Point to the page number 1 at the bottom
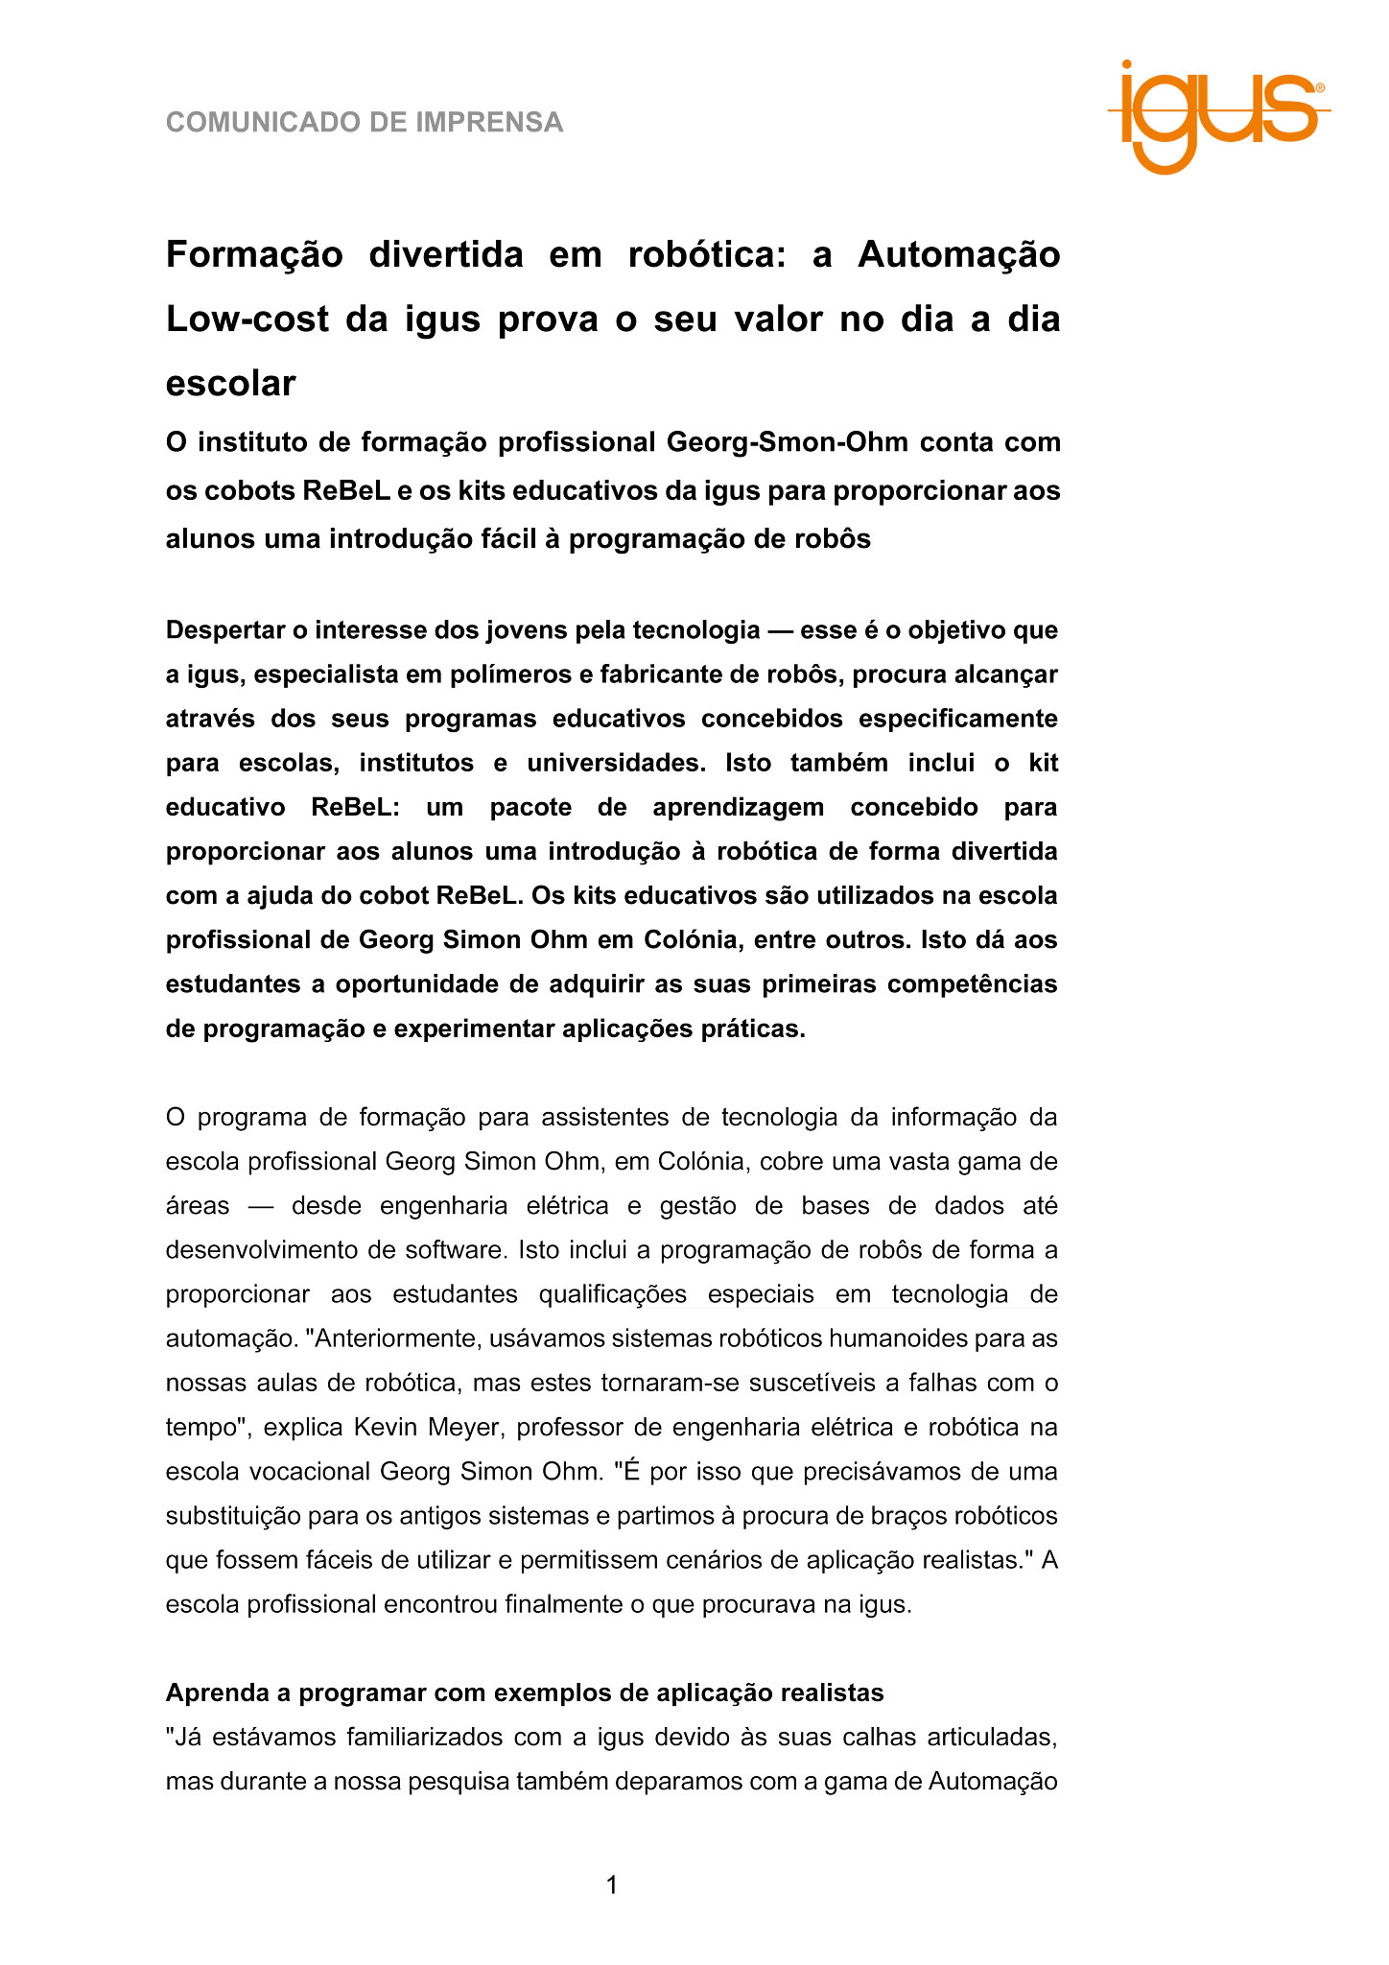tap(612, 1885)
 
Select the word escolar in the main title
tap(231, 384)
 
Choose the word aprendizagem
tap(738, 807)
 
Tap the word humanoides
tap(917, 1338)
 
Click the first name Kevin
tap(388, 1427)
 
